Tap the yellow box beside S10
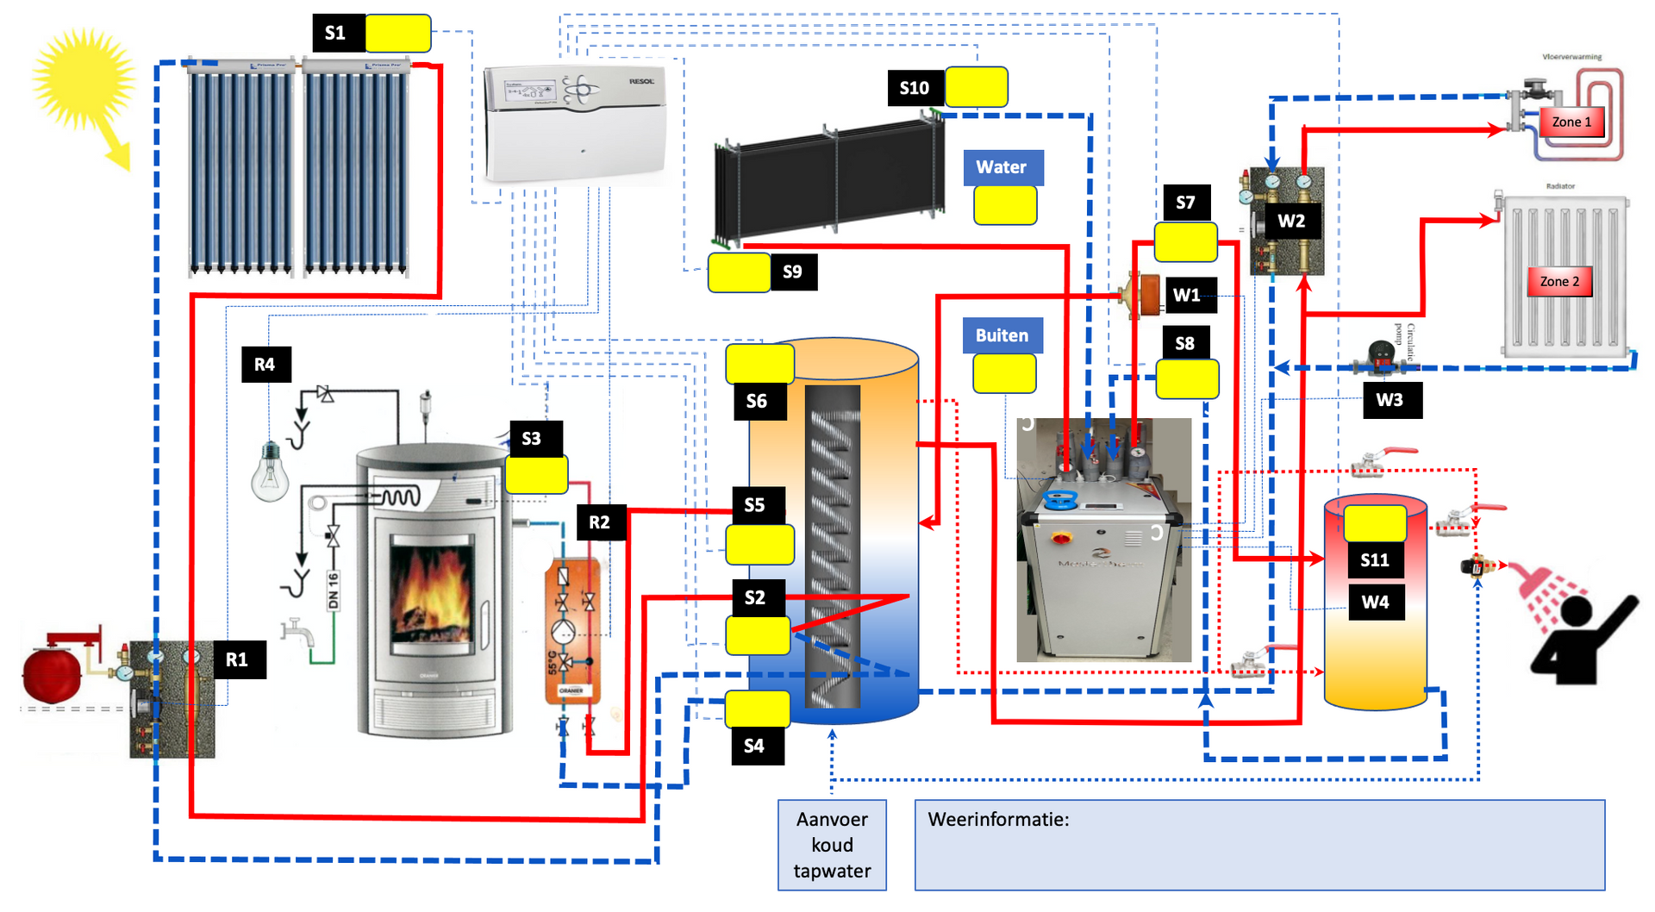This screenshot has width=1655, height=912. [977, 87]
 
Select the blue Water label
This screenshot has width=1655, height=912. [1002, 167]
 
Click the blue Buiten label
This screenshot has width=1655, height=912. [1002, 335]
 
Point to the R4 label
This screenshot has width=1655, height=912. [265, 365]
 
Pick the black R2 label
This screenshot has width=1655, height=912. [600, 522]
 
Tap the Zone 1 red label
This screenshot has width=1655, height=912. [1571, 122]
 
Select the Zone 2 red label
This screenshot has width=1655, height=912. [1559, 281]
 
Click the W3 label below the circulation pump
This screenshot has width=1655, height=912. [1390, 400]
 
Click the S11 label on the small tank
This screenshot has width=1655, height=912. [1375, 560]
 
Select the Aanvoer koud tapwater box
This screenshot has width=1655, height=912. [832, 845]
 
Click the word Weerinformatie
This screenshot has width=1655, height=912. [997, 820]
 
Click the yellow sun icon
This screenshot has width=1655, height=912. [84, 80]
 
